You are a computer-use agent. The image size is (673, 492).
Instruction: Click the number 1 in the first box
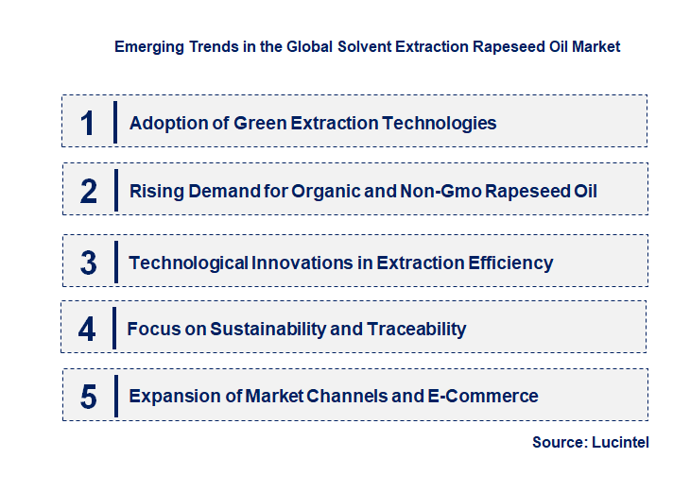(x=88, y=123)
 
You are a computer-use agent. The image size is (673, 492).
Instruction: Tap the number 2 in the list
(x=89, y=192)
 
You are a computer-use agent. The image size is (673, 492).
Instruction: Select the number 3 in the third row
(x=89, y=263)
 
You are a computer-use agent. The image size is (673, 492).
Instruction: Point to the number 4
(x=87, y=330)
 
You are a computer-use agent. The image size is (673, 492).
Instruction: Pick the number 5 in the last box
(x=89, y=397)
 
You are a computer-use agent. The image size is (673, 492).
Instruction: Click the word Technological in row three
(x=188, y=263)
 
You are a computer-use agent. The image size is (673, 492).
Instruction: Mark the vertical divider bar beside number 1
(x=114, y=123)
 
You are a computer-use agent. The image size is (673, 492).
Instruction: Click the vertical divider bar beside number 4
(x=113, y=330)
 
